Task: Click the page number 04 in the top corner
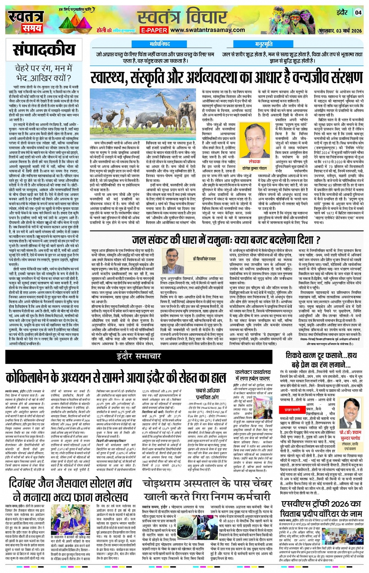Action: point(358,12)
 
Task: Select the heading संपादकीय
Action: point(44,50)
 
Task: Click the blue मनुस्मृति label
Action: point(264,45)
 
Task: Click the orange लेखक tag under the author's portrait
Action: point(255,161)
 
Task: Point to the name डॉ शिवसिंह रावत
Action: point(204,259)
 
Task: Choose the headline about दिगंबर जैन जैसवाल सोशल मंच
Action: point(70,490)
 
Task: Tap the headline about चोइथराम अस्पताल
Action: point(207,489)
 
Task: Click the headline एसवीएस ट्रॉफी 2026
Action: point(321,508)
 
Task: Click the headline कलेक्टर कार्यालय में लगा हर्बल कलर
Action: point(253,375)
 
